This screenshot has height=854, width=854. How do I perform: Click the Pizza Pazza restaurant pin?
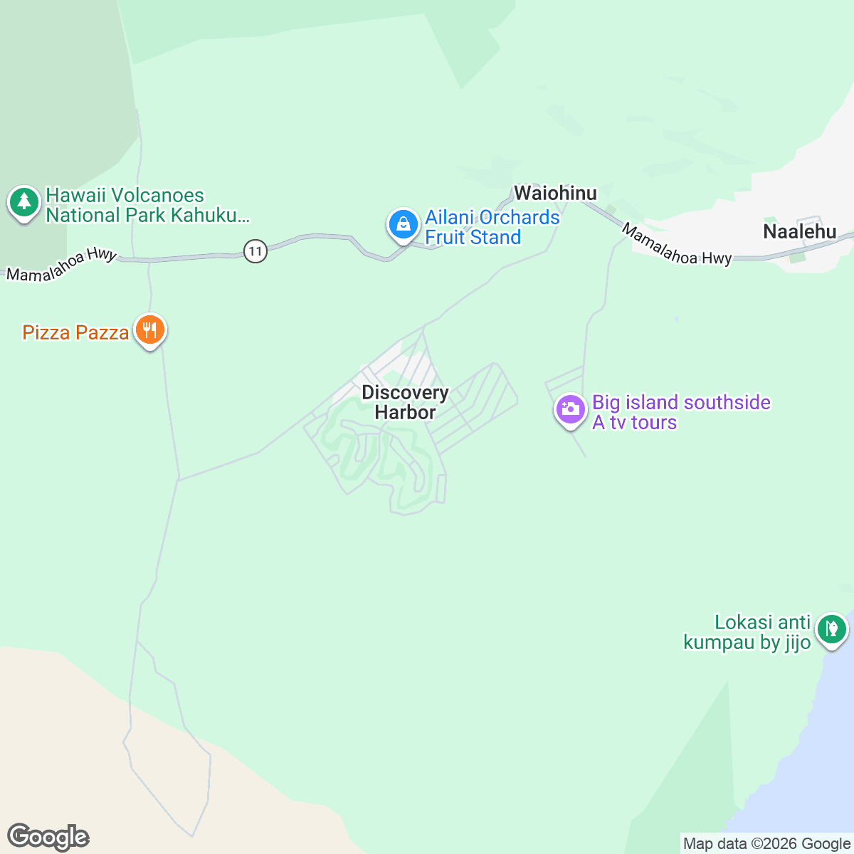pos(149,330)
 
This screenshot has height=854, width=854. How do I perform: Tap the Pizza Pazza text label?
pos(75,332)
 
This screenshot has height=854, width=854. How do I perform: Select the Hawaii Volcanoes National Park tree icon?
pos(24,202)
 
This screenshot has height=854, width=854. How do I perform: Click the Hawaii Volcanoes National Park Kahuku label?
pos(147,206)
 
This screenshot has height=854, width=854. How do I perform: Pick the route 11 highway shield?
pos(255,251)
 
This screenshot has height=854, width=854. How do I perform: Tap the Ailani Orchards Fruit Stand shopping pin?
pos(403,225)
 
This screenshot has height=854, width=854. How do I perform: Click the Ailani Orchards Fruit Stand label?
pos(492,227)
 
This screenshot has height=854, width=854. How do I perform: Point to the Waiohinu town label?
pos(555,193)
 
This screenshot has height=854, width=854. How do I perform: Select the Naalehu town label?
pos(799,231)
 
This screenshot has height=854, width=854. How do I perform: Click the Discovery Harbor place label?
pos(405,402)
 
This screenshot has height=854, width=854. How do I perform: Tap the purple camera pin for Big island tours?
pos(570,410)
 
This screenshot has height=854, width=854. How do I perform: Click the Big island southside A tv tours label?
pos(681,412)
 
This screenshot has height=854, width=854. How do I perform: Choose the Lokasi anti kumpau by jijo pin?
pos(831,629)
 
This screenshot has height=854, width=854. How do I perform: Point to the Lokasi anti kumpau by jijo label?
pos(747,632)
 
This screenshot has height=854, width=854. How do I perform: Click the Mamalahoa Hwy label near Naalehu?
pos(675,246)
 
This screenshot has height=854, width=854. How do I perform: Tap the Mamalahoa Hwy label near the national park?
pos(61,264)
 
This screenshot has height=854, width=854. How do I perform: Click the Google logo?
pos(48,838)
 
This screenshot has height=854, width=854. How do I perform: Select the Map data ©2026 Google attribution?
pos(766,844)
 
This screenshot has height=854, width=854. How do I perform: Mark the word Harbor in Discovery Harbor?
pos(405,413)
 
